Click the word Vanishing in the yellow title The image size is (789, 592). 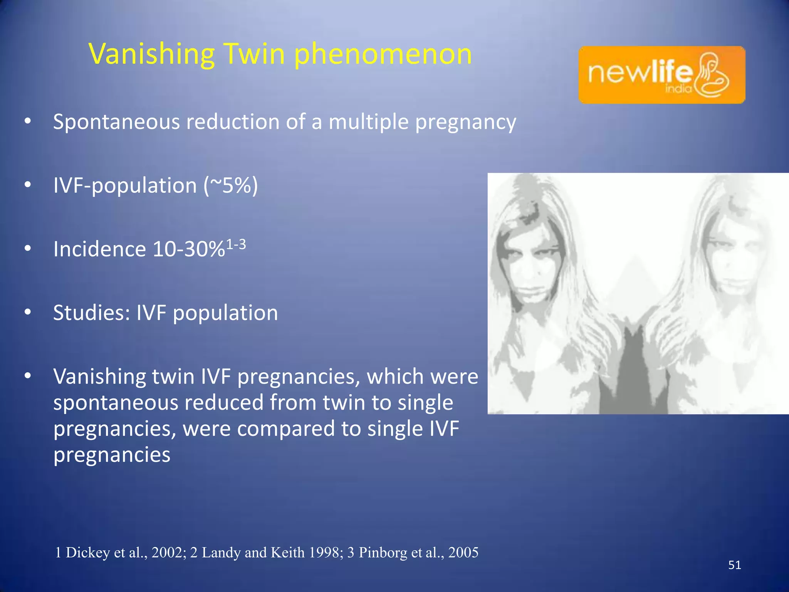coord(151,54)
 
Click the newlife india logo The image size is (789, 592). coord(661,75)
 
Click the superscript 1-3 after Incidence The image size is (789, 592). coord(236,244)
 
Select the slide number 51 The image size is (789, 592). coord(734,565)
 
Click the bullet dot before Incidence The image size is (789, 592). coord(27,249)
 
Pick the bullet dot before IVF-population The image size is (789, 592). coord(27,185)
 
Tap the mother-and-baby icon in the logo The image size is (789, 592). coord(713,75)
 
